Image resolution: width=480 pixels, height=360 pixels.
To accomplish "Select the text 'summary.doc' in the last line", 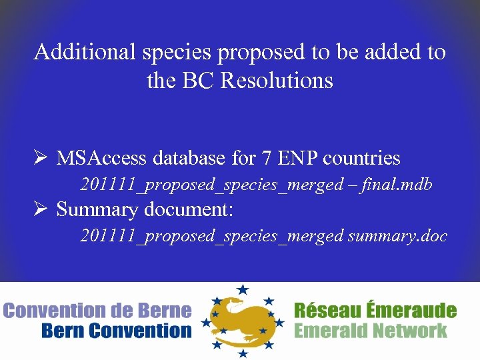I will click(397, 236).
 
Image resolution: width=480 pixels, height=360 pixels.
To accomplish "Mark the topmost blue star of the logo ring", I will click(242, 289).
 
